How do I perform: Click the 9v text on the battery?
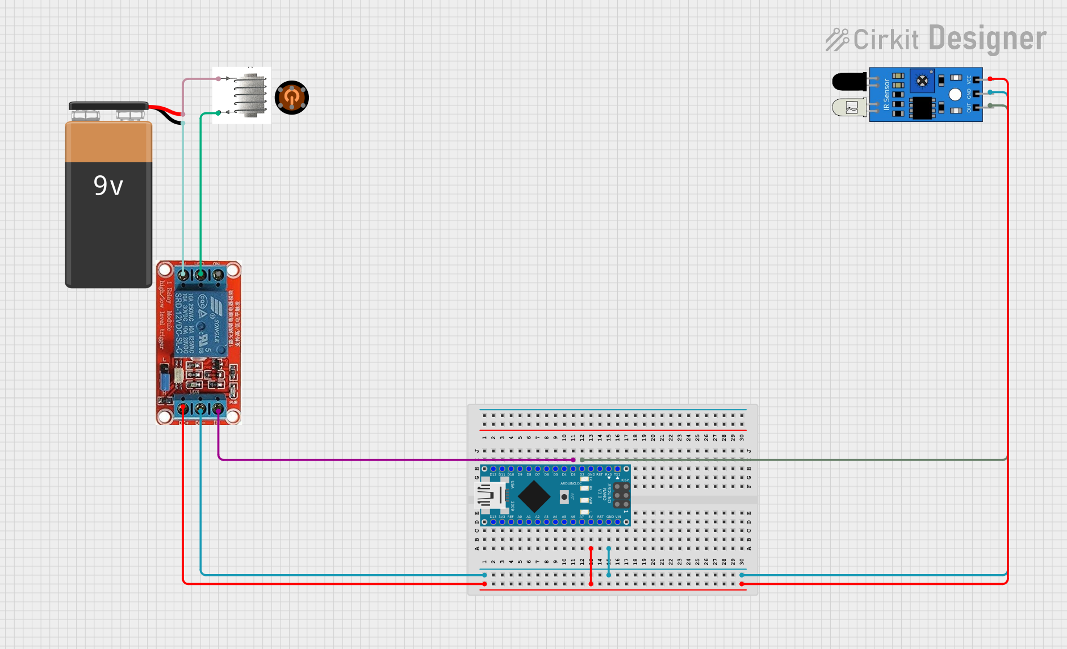108,186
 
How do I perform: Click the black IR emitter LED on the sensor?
849,81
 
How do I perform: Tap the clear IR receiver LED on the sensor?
849,107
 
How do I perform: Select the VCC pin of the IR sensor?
977,79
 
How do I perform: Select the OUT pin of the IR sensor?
977,107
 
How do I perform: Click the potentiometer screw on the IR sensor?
922,81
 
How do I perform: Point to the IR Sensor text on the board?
886,94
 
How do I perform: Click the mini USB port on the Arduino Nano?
489,496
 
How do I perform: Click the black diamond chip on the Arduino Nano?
534,496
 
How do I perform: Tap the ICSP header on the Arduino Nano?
621,495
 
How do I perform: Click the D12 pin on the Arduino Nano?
493,469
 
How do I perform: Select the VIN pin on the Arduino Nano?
618,522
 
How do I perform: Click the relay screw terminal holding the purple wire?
218,408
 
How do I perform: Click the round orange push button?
291,98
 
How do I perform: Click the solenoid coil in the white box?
250,95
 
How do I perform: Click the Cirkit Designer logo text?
937,39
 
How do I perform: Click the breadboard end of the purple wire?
574,460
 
